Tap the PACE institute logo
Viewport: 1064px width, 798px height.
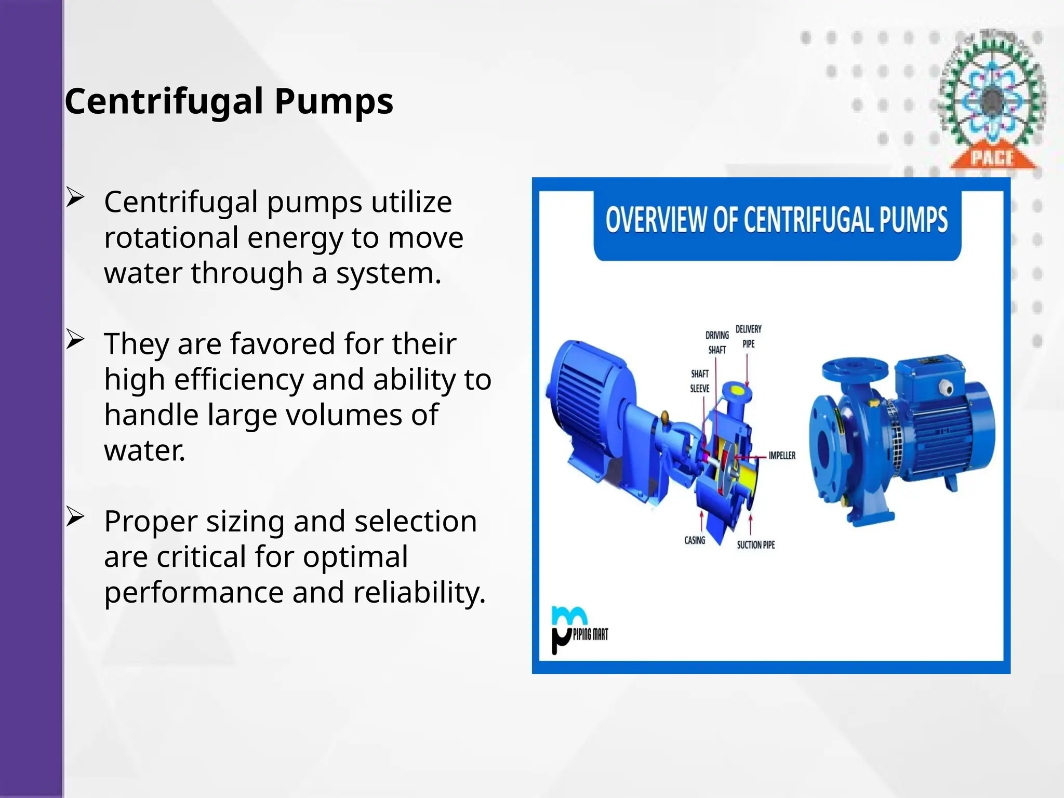click(992, 101)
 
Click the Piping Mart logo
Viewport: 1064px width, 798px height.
click(578, 630)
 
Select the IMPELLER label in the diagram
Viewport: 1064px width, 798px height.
click(782, 456)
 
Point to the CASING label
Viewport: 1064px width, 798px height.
click(695, 540)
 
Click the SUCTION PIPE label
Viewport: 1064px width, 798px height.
click(755, 544)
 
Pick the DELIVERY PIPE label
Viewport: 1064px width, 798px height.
click(748, 336)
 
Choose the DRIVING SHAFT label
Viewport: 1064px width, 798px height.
click(717, 342)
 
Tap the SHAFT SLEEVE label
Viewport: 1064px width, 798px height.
click(699, 381)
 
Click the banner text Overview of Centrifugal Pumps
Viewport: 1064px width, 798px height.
click(777, 220)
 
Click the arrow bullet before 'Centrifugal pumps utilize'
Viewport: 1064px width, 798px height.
click(75, 199)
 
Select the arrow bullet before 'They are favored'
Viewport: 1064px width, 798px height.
click(75, 341)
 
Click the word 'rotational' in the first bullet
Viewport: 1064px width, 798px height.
click(171, 237)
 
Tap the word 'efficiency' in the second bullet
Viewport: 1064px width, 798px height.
click(239, 379)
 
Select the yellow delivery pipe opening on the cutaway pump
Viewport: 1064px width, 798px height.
click(737, 390)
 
